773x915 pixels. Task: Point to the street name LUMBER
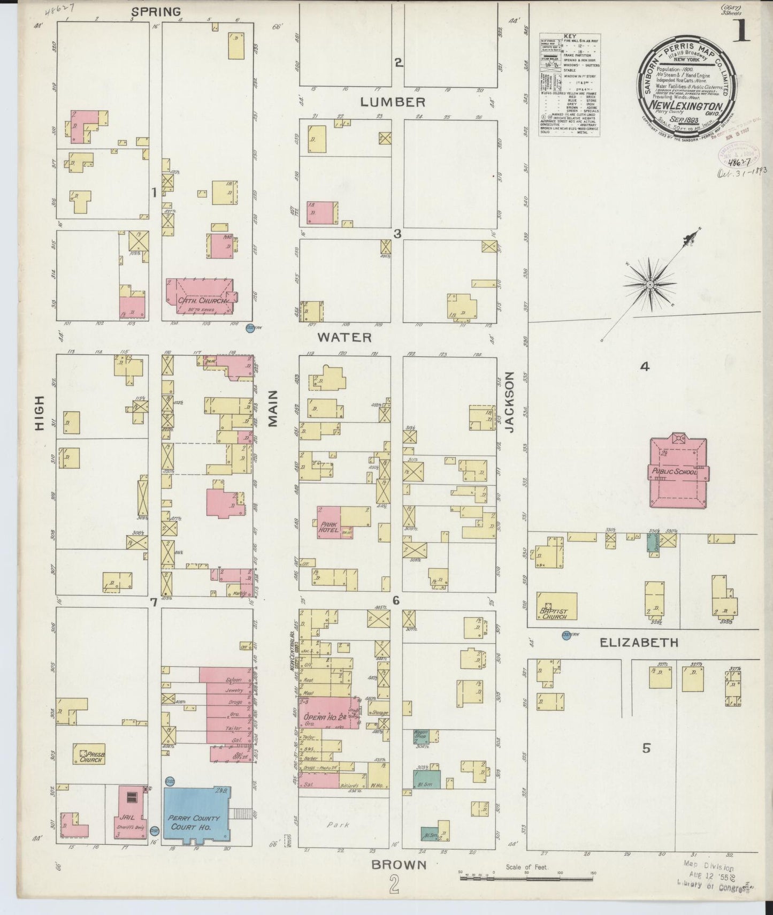pos(392,102)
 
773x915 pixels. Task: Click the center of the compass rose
pos(649,285)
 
